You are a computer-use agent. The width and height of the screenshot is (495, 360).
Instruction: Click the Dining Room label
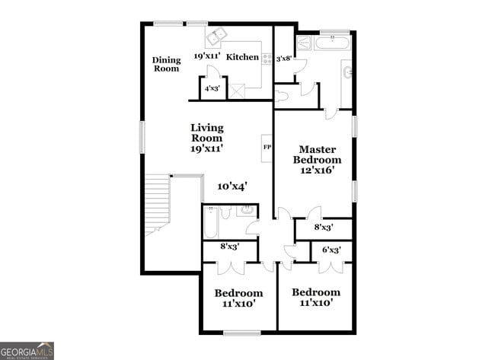[166, 65]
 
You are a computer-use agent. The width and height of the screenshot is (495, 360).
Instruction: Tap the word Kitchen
[243, 56]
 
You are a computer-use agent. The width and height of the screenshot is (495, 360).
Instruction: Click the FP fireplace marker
[267, 146]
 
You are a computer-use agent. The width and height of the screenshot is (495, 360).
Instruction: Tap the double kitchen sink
[216, 36]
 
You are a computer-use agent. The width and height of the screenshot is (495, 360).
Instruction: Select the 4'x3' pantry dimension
[212, 89]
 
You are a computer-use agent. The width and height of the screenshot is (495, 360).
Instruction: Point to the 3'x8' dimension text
[284, 58]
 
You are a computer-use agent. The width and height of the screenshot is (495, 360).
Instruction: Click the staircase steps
[158, 202]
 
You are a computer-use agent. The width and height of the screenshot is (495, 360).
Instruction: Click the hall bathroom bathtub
[212, 222]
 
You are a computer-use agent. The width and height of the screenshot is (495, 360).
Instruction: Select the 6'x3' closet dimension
[331, 250]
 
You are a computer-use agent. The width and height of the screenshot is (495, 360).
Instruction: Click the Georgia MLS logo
[27, 351]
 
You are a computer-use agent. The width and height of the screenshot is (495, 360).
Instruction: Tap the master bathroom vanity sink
[348, 72]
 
